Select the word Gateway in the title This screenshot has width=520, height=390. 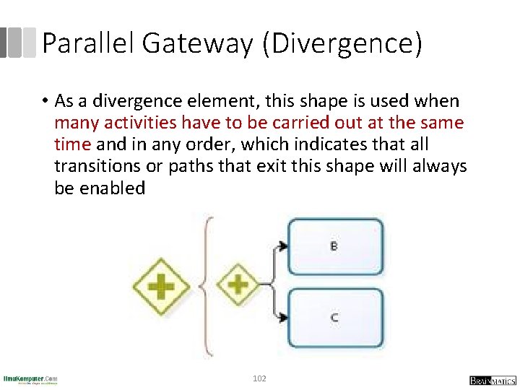click(x=197, y=43)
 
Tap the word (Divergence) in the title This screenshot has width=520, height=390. click(x=342, y=43)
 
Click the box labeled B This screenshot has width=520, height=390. click(x=335, y=246)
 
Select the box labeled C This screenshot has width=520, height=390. click(x=335, y=317)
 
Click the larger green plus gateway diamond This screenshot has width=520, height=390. click(x=160, y=286)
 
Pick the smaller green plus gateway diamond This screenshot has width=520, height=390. click(x=238, y=283)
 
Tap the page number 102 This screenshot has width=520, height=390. click(x=259, y=378)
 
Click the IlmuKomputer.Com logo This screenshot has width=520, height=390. click(x=30, y=379)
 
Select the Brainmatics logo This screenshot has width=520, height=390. click(x=492, y=380)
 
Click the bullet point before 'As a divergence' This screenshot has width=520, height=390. click(x=45, y=101)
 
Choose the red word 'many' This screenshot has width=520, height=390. click(x=75, y=123)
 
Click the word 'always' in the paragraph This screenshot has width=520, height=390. click(x=440, y=166)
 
